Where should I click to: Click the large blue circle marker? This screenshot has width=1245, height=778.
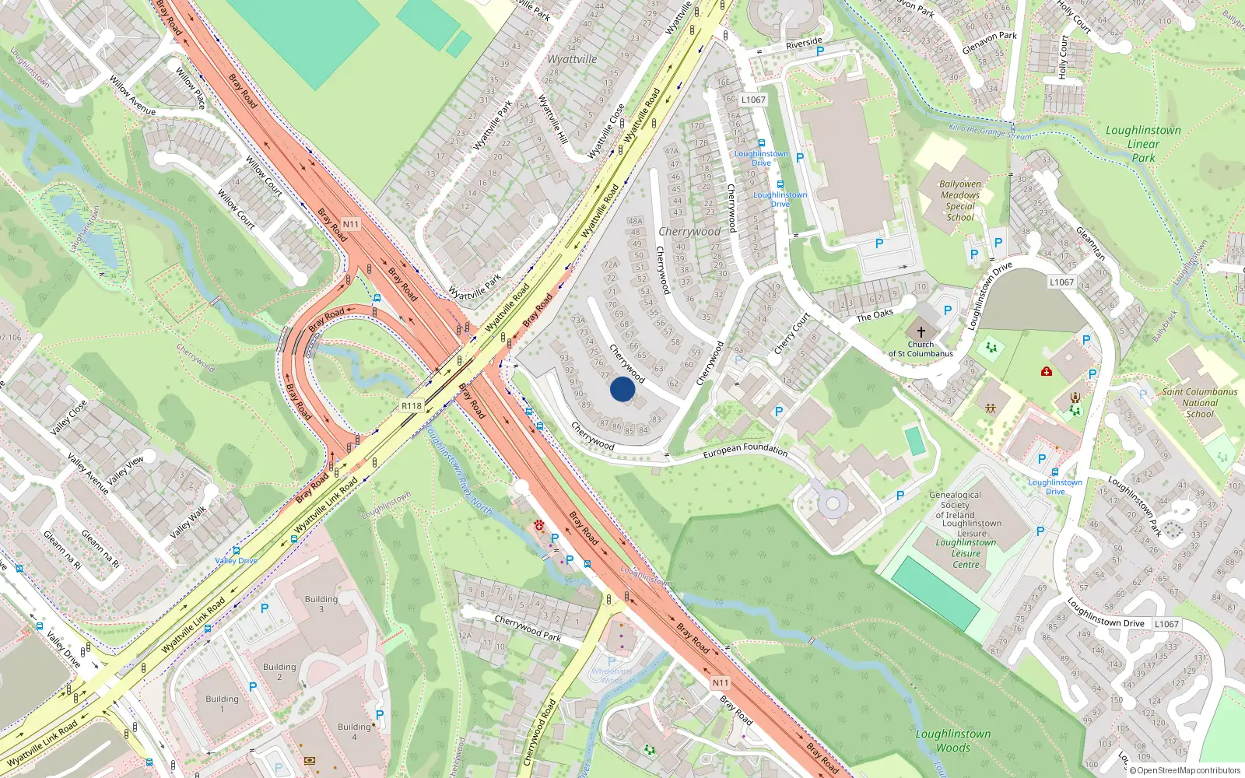pyautogui.click(x=622, y=389)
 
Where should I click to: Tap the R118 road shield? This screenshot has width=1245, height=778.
pyautogui.click(x=412, y=406)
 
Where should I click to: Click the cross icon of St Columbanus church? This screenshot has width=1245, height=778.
pyautogui.click(x=921, y=331)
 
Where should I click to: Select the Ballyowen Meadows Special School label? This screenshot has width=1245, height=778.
pyautogui.click(x=960, y=202)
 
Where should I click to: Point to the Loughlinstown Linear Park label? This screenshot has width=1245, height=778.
pyautogui.click(x=1143, y=144)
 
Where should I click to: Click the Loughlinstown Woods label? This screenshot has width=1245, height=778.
pyautogui.click(x=953, y=741)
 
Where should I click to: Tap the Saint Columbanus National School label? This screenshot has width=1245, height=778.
pyautogui.click(x=1199, y=403)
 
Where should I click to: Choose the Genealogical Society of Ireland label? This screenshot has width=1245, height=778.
pyautogui.click(x=955, y=505)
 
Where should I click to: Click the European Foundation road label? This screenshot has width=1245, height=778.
pyautogui.click(x=745, y=449)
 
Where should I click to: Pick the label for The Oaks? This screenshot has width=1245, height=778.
pyautogui.click(x=875, y=315)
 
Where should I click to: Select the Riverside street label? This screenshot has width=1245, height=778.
pyautogui.click(x=803, y=43)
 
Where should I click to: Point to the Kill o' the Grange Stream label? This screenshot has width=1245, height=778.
pyautogui.click(x=990, y=131)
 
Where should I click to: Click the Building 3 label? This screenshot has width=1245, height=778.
pyautogui.click(x=321, y=604)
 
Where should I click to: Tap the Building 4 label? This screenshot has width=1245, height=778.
pyautogui.click(x=354, y=731)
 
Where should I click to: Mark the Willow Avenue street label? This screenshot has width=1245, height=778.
pyautogui.click(x=132, y=96)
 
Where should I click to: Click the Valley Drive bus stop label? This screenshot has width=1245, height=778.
pyautogui.click(x=236, y=561)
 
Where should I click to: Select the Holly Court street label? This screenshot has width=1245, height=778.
pyautogui.click(x=1063, y=57)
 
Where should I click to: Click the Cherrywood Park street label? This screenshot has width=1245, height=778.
pyautogui.click(x=528, y=627)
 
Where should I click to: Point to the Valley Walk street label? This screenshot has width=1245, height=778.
pyautogui.click(x=188, y=523)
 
